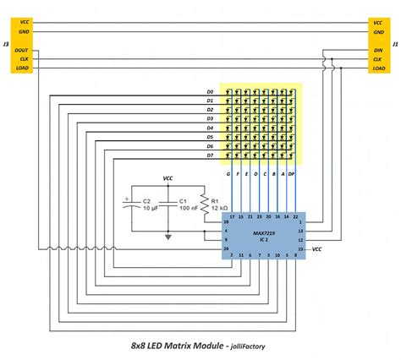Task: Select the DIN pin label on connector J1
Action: point(378,50)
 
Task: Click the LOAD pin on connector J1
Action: point(378,70)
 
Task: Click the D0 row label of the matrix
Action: point(210,91)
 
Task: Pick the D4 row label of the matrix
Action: point(210,128)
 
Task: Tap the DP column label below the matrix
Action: point(293,174)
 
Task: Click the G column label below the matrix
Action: point(229,174)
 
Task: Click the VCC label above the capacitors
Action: point(168,179)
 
